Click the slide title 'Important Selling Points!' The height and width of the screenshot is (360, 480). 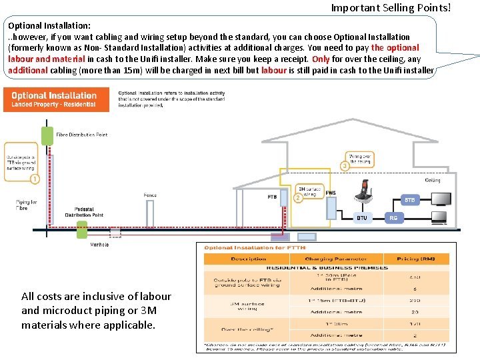[x=391, y=8]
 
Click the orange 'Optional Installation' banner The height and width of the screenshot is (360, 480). [x=54, y=99]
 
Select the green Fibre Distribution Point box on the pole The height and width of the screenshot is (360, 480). [x=47, y=135]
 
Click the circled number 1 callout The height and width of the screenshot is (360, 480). [x=35, y=179]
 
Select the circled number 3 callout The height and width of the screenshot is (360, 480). [x=345, y=165]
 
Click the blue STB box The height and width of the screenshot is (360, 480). [x=409, y=200]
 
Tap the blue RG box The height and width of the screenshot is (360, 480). [x=393, y=217]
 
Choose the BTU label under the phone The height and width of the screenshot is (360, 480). [x=361, y=217]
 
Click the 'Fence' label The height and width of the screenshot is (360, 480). [x=150, y=195]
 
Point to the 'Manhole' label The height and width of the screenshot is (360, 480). [x=99, y=245]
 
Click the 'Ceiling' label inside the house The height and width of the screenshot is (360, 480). [x=433, y=180]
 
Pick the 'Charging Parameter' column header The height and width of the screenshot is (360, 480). [x=327, y=259]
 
